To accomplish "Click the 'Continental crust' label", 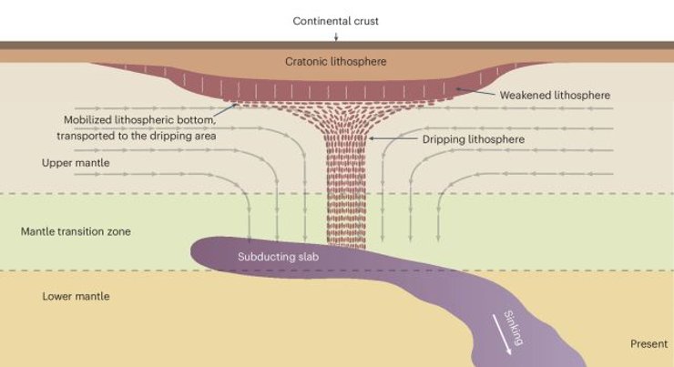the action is (x=336, y=21).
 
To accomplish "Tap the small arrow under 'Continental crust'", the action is (x=336, y=37).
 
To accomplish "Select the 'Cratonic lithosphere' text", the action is (x=336, y=61).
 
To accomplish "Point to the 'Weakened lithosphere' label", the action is (x=555, y=95).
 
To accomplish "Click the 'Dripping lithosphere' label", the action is (x=474, y=139).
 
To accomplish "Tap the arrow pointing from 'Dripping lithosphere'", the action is (x=393, y=138).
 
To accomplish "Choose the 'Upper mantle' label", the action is (x=76, y=163).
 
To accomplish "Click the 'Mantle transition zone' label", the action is (x=76, y=231).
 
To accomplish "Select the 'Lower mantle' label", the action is (x=76, y=296).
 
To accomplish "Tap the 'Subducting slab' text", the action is (x=278, y=257).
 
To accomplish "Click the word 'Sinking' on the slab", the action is (x=514, y=328).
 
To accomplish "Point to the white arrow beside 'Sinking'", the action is (x=502, y=335).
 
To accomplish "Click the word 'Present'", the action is (x=649, y=344).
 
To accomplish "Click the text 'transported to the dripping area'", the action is (x=137, y=136).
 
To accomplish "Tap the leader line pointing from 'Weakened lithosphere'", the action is (x=475, y=91).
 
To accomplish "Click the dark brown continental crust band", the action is (x=337, y=46).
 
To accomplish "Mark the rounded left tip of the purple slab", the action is (x=191, y=250).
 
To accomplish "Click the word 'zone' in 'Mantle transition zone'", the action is (x=119, y=231).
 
